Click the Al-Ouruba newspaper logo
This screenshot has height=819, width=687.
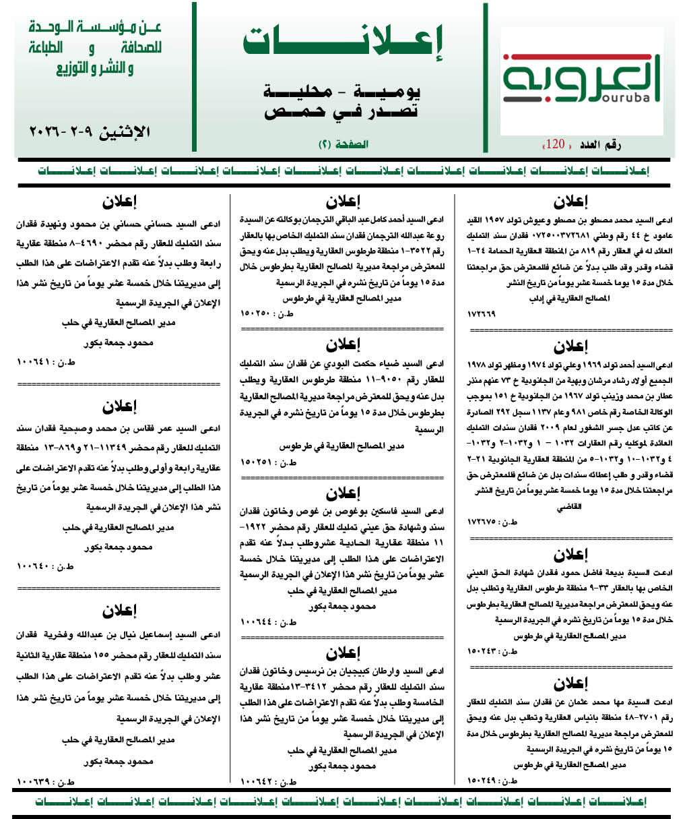582,82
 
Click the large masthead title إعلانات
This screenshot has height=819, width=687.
343,44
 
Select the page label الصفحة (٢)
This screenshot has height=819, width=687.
343,144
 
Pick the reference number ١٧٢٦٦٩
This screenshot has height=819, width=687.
481,314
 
